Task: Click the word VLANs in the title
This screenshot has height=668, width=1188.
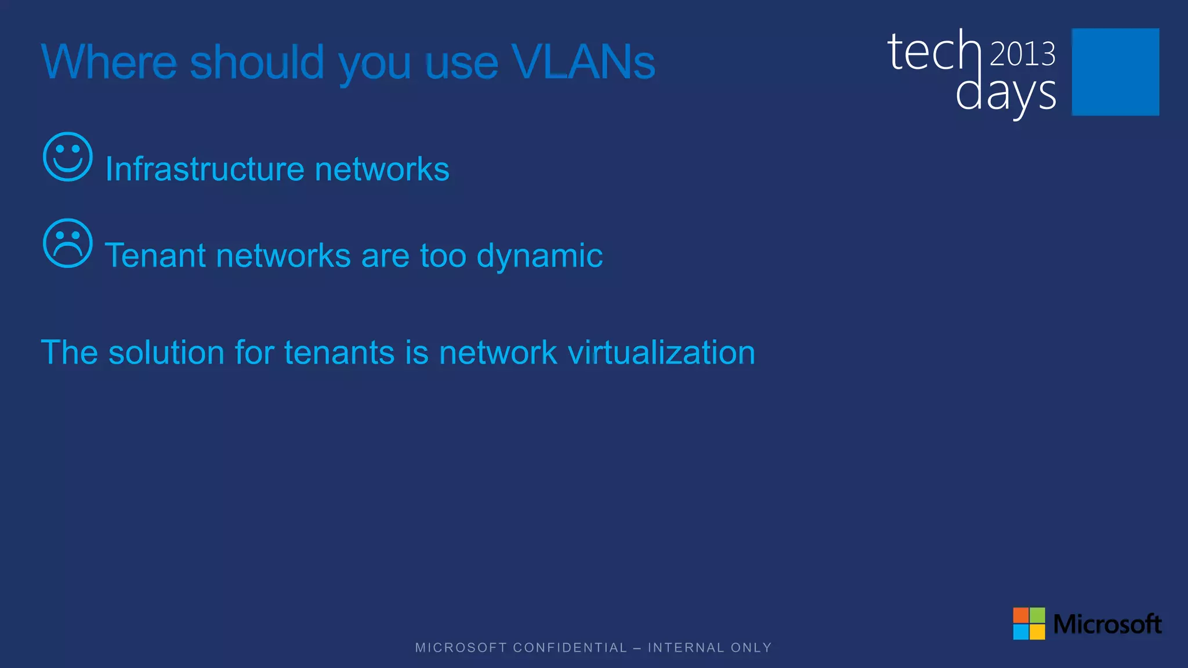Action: click(x=583, y=62)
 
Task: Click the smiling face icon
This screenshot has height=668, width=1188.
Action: click(x=68, y=157)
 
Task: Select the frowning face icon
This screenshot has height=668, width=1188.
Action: click(x=68, y=244)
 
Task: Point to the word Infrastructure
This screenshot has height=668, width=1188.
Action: click(x=205, y=169)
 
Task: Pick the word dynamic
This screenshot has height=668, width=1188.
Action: click(x=539, y=256)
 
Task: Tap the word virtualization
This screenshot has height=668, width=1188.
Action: click(x=661, y=353)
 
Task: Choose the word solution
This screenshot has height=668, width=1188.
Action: click(x=166, y=353)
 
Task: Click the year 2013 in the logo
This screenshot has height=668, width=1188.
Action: click(x=1022, y=54)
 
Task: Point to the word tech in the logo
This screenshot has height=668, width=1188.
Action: click(x=934, y=52)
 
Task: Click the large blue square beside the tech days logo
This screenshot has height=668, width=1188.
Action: click(x=1115, y=72)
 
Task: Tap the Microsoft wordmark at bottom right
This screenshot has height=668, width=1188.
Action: click(x=1107, y=625)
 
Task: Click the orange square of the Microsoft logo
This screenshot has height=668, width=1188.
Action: click(x=1020, y=615)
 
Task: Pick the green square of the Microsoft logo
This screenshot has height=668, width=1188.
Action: click(x=1037, y=615)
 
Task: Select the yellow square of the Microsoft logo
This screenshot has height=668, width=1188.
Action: click(x=1037, y=631)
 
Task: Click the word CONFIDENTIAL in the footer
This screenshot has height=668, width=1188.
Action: click(x=570, y=648)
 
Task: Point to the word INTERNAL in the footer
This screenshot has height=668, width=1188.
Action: click(x=686, y=648)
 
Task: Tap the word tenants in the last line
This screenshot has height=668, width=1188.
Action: click(x=339, y=353)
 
